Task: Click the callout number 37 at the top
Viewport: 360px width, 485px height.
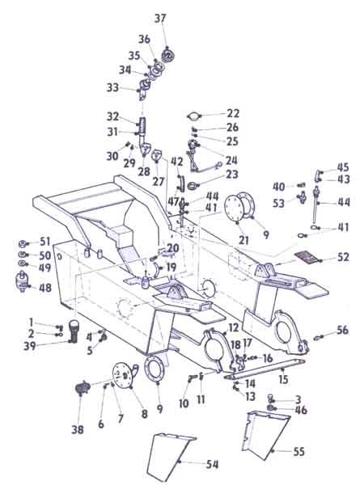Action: [x=160, y=18]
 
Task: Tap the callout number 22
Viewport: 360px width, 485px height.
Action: [x=233, y=113]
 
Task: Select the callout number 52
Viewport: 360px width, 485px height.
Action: [x=343, y=258]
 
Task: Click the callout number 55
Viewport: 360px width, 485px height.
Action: [x=298, y=451]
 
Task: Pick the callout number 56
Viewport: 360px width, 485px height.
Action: [x=343, y=330]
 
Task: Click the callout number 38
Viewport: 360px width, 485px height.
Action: [x=77, y=430]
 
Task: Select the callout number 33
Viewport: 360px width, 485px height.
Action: [x=112, y=87]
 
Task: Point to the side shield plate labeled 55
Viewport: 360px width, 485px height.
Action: [x=263, y=436]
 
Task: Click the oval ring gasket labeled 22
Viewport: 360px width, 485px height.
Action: [x=197, y=115]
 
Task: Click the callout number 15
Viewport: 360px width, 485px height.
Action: [x=283, y=377]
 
